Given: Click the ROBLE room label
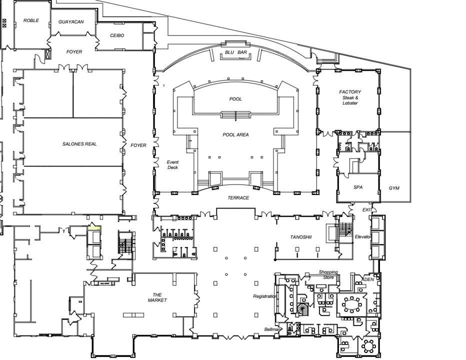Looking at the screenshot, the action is coord(31,20).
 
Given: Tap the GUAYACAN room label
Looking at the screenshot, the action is coord(71,22).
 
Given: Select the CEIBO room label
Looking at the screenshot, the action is coord(117,35).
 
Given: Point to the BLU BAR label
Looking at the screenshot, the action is coord(235,52).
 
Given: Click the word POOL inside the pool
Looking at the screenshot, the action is coord(235,99).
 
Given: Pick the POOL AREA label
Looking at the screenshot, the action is coord(235,134).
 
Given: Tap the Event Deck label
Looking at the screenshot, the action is coord(172,164).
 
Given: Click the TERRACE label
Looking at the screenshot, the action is coord(238,198).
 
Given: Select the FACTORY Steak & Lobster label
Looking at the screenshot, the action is coord(350,97).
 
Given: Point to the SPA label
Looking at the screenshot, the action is coord(358,187).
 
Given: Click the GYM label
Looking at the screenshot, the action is coord(394,188).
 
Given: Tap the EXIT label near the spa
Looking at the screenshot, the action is coord(367,210).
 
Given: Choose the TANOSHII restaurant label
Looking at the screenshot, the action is coord(301,237).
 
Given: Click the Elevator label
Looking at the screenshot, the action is coord(363,236).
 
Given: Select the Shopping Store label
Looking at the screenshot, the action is coord(328,274).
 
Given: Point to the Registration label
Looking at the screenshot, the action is coord(265,296).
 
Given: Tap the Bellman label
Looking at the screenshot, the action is coord(273,329).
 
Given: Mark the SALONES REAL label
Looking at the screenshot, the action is coord(79,144).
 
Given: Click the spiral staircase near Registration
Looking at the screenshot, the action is coord(303,309).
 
